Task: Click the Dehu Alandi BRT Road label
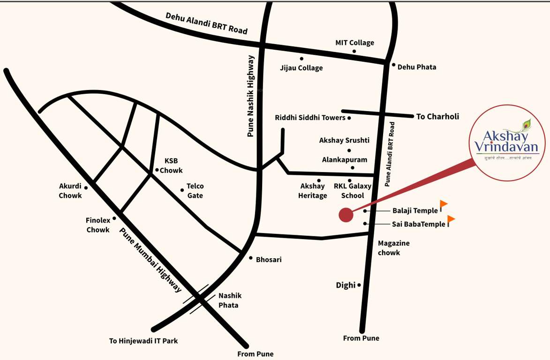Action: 206,23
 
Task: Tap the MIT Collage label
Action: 354,43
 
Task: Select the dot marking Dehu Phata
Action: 394,65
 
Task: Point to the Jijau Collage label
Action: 301,68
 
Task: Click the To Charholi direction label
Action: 437,116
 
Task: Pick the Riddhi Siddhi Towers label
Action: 310,118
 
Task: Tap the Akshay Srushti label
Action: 344,140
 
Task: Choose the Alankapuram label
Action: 344,160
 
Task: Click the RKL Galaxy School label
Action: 353,190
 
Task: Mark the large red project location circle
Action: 346,215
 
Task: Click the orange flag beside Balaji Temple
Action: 443,204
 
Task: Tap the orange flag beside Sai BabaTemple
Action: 451,219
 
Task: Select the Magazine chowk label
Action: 393,248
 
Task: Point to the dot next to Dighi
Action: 359,285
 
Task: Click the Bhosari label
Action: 269,259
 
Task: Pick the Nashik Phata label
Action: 230,300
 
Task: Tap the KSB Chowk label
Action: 171,165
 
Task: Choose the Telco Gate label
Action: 195,191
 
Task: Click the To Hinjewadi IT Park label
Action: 143,341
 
